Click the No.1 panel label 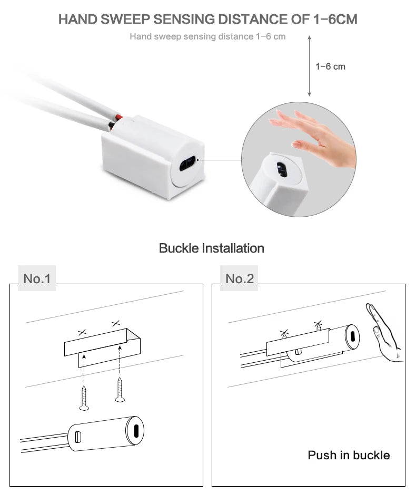point(36,278)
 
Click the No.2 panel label point(239,278)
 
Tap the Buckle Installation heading point(211,248)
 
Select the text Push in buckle point(349,455)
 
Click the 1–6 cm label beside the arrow point(330,66)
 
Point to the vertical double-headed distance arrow point(309,66)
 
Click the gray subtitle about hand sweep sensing point(207,36)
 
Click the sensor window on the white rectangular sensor point(187,164)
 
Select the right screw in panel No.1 point(120,390)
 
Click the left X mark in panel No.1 point(82,332)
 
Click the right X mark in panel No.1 point(116,323)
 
